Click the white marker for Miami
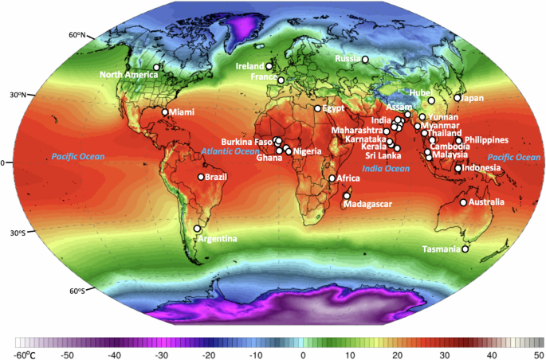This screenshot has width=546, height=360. (x=166, y=112)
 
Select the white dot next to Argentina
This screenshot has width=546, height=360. (x=197, y=229)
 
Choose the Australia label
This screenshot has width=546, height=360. (x=486, y=202)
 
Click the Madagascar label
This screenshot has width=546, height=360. (x=367, y=205)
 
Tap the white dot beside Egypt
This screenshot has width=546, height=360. (x=317, y=108)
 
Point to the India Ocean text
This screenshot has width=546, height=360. (x=385, y=169)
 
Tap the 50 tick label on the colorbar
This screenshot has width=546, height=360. (x=539, y=353)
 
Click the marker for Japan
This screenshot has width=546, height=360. (x=458, y=98)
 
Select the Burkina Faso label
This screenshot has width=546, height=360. (x=247, y=141)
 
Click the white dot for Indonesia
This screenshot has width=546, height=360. (x=458, y=168)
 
